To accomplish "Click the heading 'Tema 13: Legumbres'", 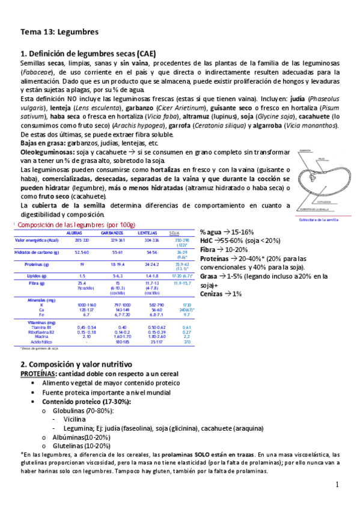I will [59, 31].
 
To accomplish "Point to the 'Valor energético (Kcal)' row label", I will [35, 240].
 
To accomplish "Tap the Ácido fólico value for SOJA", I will [186, 342].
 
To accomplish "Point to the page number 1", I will [337, 484].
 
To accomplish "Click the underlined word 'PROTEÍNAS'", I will [40, 373].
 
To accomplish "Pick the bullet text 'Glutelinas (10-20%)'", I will [80, 446].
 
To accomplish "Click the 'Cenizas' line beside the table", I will [221, 293].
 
